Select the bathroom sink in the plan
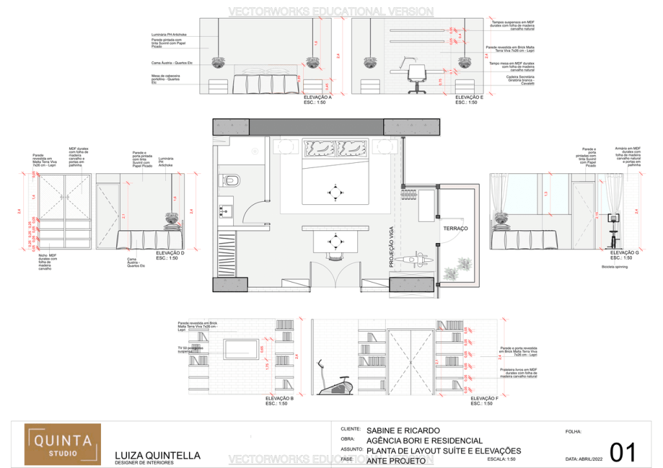point(227,211)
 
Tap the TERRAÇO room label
point(455,229)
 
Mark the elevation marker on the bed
point(335,191)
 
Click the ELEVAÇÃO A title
point(317,98)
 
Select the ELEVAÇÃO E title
point(469,98)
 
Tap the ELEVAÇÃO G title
point(624,253)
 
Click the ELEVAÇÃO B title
point(280,398)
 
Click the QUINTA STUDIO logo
point(63,444)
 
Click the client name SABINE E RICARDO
point(403,430)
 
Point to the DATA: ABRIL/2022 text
point(589,459)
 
